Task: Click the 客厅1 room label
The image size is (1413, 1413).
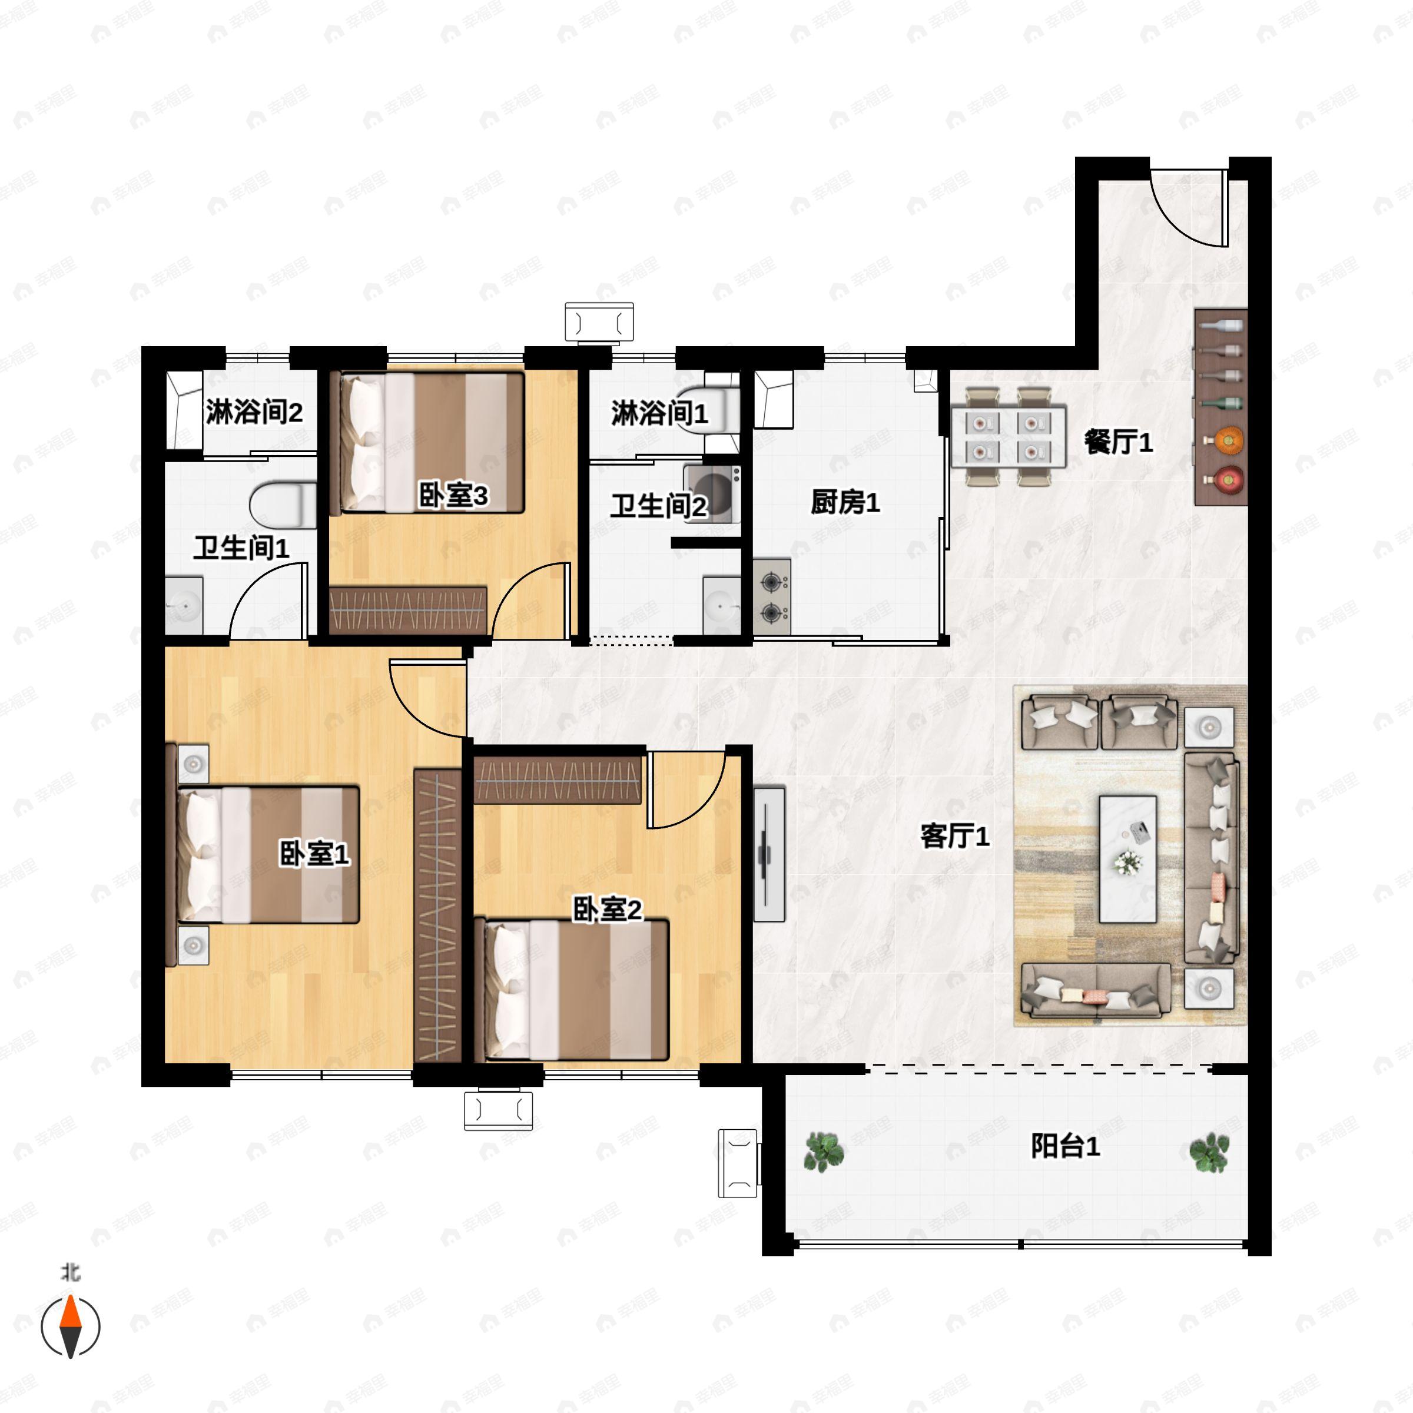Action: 954,835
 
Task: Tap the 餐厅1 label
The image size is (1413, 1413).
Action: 1117,442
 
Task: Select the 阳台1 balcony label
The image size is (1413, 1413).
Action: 1065,1146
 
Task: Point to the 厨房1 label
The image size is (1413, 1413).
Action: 845,502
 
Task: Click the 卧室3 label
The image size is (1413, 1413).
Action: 453,496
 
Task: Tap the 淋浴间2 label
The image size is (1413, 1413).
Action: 253,413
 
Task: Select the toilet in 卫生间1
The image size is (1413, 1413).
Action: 281,505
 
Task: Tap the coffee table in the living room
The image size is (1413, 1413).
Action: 1128,860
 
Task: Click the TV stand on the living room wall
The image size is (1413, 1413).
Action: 769,854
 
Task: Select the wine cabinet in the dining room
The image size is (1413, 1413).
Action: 1220,407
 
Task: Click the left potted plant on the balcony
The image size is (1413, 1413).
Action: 824,1152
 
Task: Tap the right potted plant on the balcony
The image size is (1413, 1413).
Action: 1208,1152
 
